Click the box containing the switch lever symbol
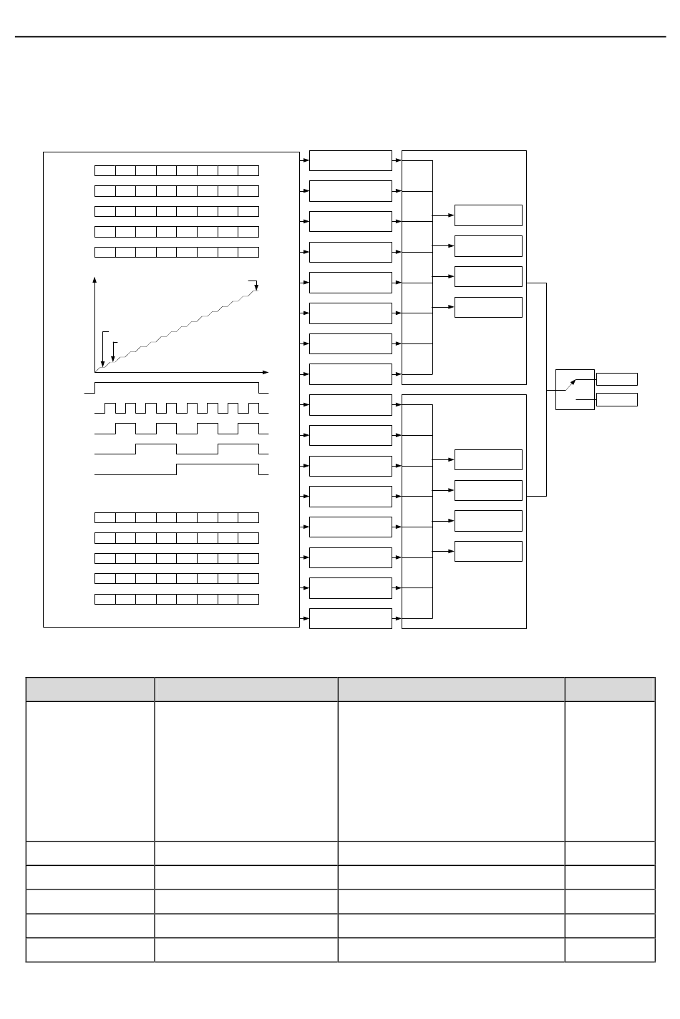(575, 389)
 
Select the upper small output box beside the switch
(616, 379)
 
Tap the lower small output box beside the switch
(616, 399)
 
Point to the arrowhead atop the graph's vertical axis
(94, 281)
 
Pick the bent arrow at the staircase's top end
(254, 284)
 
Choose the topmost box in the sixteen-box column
(351, 160)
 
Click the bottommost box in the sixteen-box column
(351, 618)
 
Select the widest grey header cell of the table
(451, 689)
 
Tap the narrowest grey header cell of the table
(610, 689)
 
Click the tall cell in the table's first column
(90, 771)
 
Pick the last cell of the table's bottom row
(610, 950)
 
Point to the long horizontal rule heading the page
(340, 36)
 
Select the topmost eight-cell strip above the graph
(177, 170)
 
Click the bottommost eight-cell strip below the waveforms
(177, 599)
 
